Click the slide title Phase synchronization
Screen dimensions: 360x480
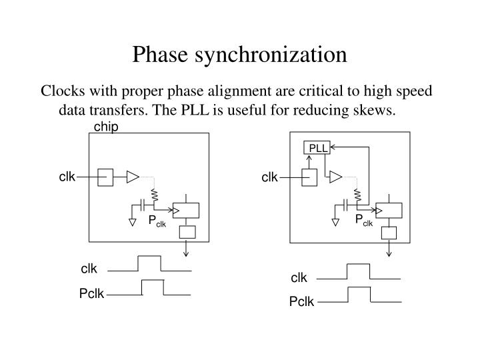click(x=239, y=54)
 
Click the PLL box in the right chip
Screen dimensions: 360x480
click(x=317, y=148)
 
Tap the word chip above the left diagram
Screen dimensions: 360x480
click(x=106, y=127)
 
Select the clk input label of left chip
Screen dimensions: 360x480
click(x=67, y=177)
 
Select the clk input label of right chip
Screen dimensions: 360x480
click(x=269, y=177)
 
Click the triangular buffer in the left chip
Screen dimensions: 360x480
click(x=133, y=177)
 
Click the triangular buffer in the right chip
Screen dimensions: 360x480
click(x=335, y=177)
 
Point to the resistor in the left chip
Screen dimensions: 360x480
click(x=155, y=195)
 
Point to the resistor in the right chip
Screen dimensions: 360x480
click(x=358, y=195)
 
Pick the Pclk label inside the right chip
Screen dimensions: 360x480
click(x=363, y=221)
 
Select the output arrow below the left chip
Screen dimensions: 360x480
click(x=187, y=249)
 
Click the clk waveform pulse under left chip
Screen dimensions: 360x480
click(x=149, y=263)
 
